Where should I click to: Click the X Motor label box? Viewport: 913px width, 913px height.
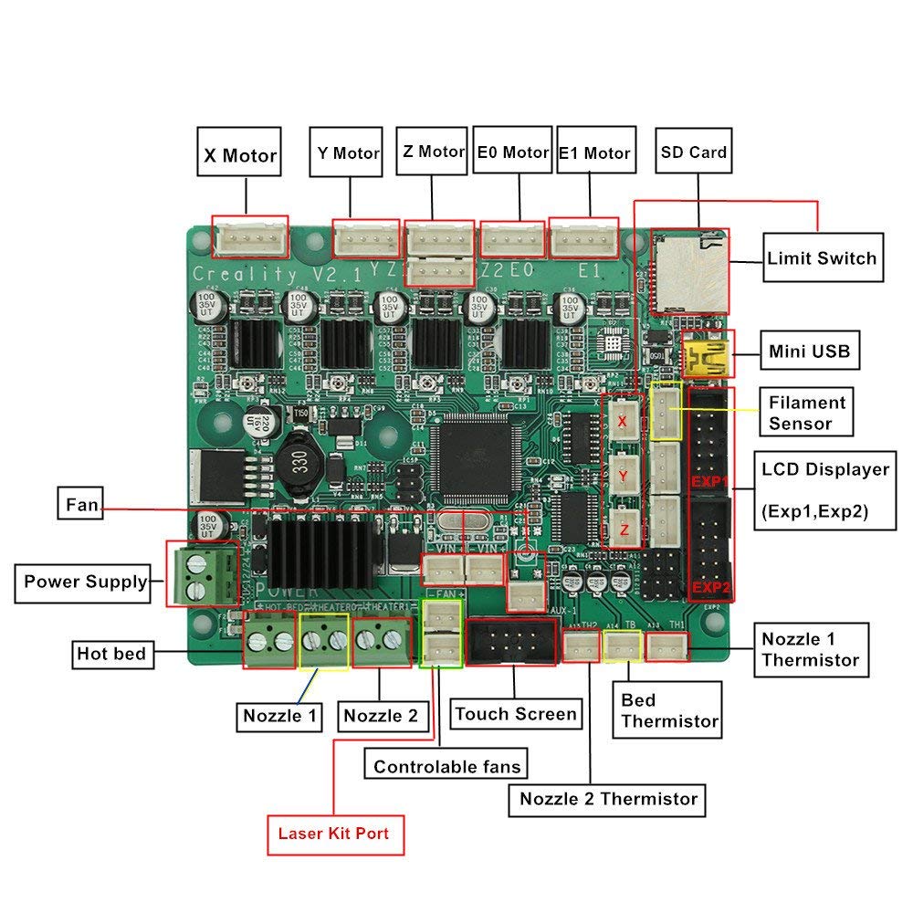[x=239, y=156]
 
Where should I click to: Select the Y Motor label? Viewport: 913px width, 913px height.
[x=348, y=153]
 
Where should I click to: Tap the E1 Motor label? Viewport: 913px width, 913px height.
[x=594, y=153]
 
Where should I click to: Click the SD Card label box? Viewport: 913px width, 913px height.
[x=694, y=152]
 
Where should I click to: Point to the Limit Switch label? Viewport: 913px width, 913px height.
[x=822, y=258]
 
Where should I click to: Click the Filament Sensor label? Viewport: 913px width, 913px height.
[x=806, y=413]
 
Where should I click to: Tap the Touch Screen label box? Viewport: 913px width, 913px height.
[x=516, y=714]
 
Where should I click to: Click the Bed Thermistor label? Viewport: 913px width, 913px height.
[x=669, y=710]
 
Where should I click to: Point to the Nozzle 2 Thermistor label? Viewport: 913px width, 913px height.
[x=608, y=799]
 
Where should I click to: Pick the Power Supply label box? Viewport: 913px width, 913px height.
[x=85, y=582]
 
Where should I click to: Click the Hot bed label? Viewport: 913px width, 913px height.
[x=110, y=654]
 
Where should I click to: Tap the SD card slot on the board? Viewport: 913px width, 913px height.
[x=690, y=268]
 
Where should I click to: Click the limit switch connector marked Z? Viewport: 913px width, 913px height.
[x=623, y=528]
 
